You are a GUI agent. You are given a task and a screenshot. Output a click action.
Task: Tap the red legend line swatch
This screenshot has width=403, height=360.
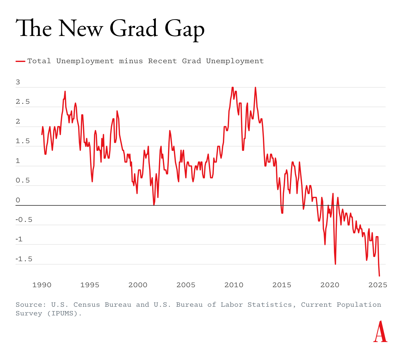(20, 61)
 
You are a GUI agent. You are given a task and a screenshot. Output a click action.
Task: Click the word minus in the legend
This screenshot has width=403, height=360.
(131, 61)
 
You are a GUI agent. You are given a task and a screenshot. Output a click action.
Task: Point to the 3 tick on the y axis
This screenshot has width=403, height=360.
(18, 82)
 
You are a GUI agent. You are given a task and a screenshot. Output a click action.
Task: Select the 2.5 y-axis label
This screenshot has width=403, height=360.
(23, 102)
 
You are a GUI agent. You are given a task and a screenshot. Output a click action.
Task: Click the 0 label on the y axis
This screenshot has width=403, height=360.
(18, 200)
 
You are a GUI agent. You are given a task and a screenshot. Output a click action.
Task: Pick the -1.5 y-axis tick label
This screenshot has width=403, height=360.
(24, 259)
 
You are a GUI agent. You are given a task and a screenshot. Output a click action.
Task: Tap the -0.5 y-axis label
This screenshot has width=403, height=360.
(24, 220)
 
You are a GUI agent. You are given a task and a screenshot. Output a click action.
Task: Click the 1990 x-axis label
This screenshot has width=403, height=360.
(42, 285)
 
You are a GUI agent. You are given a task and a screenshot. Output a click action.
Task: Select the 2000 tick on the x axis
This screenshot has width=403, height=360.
(138, 285)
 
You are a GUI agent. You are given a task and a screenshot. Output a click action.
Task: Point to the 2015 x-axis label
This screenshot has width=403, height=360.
(281, 285)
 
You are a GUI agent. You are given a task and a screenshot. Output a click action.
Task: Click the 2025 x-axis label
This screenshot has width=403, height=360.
(378, 285)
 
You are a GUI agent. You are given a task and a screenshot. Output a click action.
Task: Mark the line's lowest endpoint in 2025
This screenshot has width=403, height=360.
(379, 275)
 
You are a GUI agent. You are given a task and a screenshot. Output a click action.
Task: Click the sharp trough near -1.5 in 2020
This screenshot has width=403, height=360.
(335, 264)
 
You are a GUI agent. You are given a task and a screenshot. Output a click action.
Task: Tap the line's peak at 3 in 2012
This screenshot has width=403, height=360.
(255, 88)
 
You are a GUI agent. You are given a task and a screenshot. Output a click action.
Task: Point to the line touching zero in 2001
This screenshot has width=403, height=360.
(154, 205)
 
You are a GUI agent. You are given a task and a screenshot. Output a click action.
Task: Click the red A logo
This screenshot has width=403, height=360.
(380, 332)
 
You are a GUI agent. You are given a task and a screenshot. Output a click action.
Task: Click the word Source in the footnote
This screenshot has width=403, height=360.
(29, 305)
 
